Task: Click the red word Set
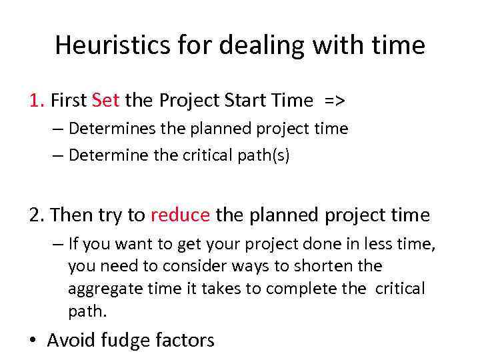pos(106,101)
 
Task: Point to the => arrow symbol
pos(335,101)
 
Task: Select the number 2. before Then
pos(37,215)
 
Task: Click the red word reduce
pos(181,215)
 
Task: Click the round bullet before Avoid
pos(33,341)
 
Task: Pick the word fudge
pos(127,341)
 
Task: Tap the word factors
pos(185,341)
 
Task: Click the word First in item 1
pos(69,101)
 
